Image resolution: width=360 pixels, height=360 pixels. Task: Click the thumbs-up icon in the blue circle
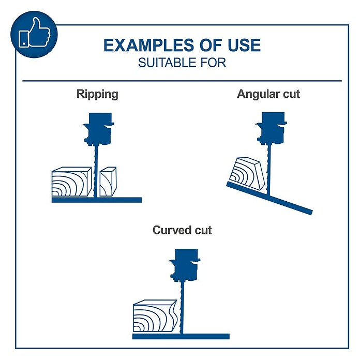point(35,33)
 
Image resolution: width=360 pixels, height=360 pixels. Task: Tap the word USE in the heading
point(244,45)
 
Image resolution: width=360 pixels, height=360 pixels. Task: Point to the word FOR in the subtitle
point(213,63)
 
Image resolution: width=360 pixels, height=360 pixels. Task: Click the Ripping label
point(97,94)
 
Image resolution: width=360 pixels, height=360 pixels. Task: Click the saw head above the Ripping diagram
point(99,129)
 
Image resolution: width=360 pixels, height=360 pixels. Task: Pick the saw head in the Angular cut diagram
point(272,128)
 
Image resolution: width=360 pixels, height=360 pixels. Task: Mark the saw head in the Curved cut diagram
point(185,265)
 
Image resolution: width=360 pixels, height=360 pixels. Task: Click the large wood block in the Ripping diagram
point(71,182)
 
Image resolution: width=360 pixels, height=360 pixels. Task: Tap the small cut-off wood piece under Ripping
point(108,182)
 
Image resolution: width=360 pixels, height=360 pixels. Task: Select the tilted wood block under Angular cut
point(247,174)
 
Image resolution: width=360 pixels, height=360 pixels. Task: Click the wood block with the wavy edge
point(156,316)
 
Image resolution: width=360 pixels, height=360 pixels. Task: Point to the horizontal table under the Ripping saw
point(97,200)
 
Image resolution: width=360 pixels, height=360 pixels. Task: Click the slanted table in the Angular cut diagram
point(269,198)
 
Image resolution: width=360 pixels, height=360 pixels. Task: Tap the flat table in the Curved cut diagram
point(181,336)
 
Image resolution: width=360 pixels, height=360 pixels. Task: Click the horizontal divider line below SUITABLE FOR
point(182,81)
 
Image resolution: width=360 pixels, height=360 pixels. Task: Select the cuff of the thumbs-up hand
point(24,39)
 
